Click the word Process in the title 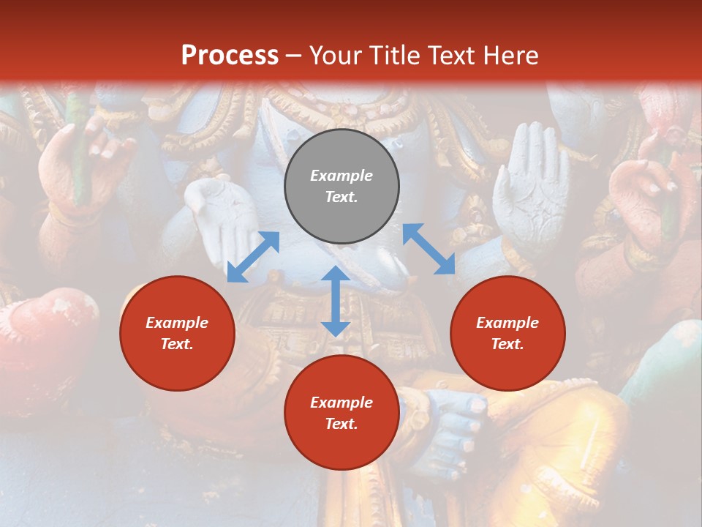pyautogui.click(x=230, y=56)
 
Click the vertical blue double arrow pyautogui.click(x=336, y=301)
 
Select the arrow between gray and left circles pyautogui.click(x=253, y=257)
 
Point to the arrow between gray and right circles pyautogui.click(x=429, y=249)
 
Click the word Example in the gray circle pyautogui.click(x=341, y=176)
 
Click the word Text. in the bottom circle pyautogui.click(x=341, y=424)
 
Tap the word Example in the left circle pyautogui.click(x=177, y=323)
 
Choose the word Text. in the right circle pyautogui.click(x=507, y=344)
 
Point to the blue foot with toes pyautogui.click(x=453, y=425)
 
